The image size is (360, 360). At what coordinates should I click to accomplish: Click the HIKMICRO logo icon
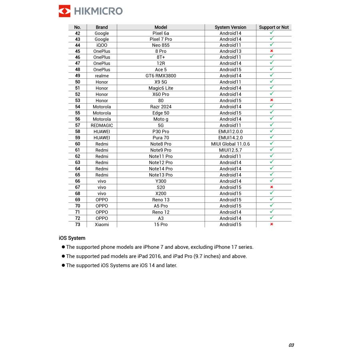coord(64,11)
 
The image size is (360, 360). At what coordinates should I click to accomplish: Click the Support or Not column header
coord(274,27)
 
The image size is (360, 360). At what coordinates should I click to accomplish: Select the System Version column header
coord(230,27)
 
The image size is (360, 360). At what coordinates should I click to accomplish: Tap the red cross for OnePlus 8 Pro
coord(272,51)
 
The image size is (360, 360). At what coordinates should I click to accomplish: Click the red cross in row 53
coord(272,100)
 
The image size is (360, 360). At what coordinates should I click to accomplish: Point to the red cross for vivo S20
coord(272,187)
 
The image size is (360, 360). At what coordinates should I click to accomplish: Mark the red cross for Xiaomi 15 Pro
coord(272,224)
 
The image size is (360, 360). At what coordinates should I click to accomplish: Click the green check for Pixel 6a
coord(272,33)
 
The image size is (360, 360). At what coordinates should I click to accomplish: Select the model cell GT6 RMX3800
coord(161,76)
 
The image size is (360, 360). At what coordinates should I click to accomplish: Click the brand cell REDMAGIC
coord(102,125)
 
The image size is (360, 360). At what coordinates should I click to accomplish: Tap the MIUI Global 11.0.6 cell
coord(230,144)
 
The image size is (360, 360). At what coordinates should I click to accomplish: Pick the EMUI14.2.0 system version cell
coord(230,138)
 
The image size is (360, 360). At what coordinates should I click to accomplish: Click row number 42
coord(78,33)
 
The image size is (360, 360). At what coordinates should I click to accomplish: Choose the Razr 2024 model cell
coord(161,107)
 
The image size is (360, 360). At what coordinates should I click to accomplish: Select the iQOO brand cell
coord(102,45)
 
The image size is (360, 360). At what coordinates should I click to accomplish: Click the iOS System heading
coord(72,238)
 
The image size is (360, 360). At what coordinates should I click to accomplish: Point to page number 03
coord(291,345)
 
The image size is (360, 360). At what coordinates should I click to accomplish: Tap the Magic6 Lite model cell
coord(161,88)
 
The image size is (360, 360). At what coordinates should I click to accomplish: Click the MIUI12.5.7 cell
coord(230,150)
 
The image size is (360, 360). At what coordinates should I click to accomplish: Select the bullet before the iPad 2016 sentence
coord(63,256)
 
